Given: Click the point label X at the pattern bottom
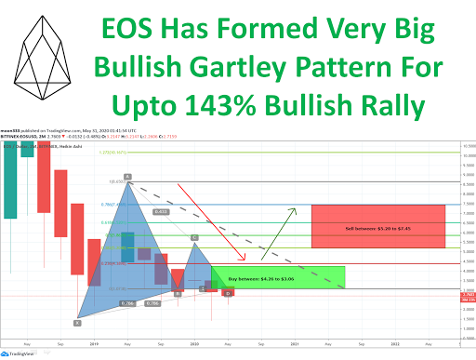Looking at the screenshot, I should click(77, 323).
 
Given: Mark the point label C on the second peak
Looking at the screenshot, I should click(193, 239).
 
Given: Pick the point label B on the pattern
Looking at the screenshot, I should click(177, 293).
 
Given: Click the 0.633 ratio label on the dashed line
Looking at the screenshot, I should click(162, 212).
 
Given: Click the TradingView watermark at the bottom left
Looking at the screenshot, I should click(25, 353).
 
